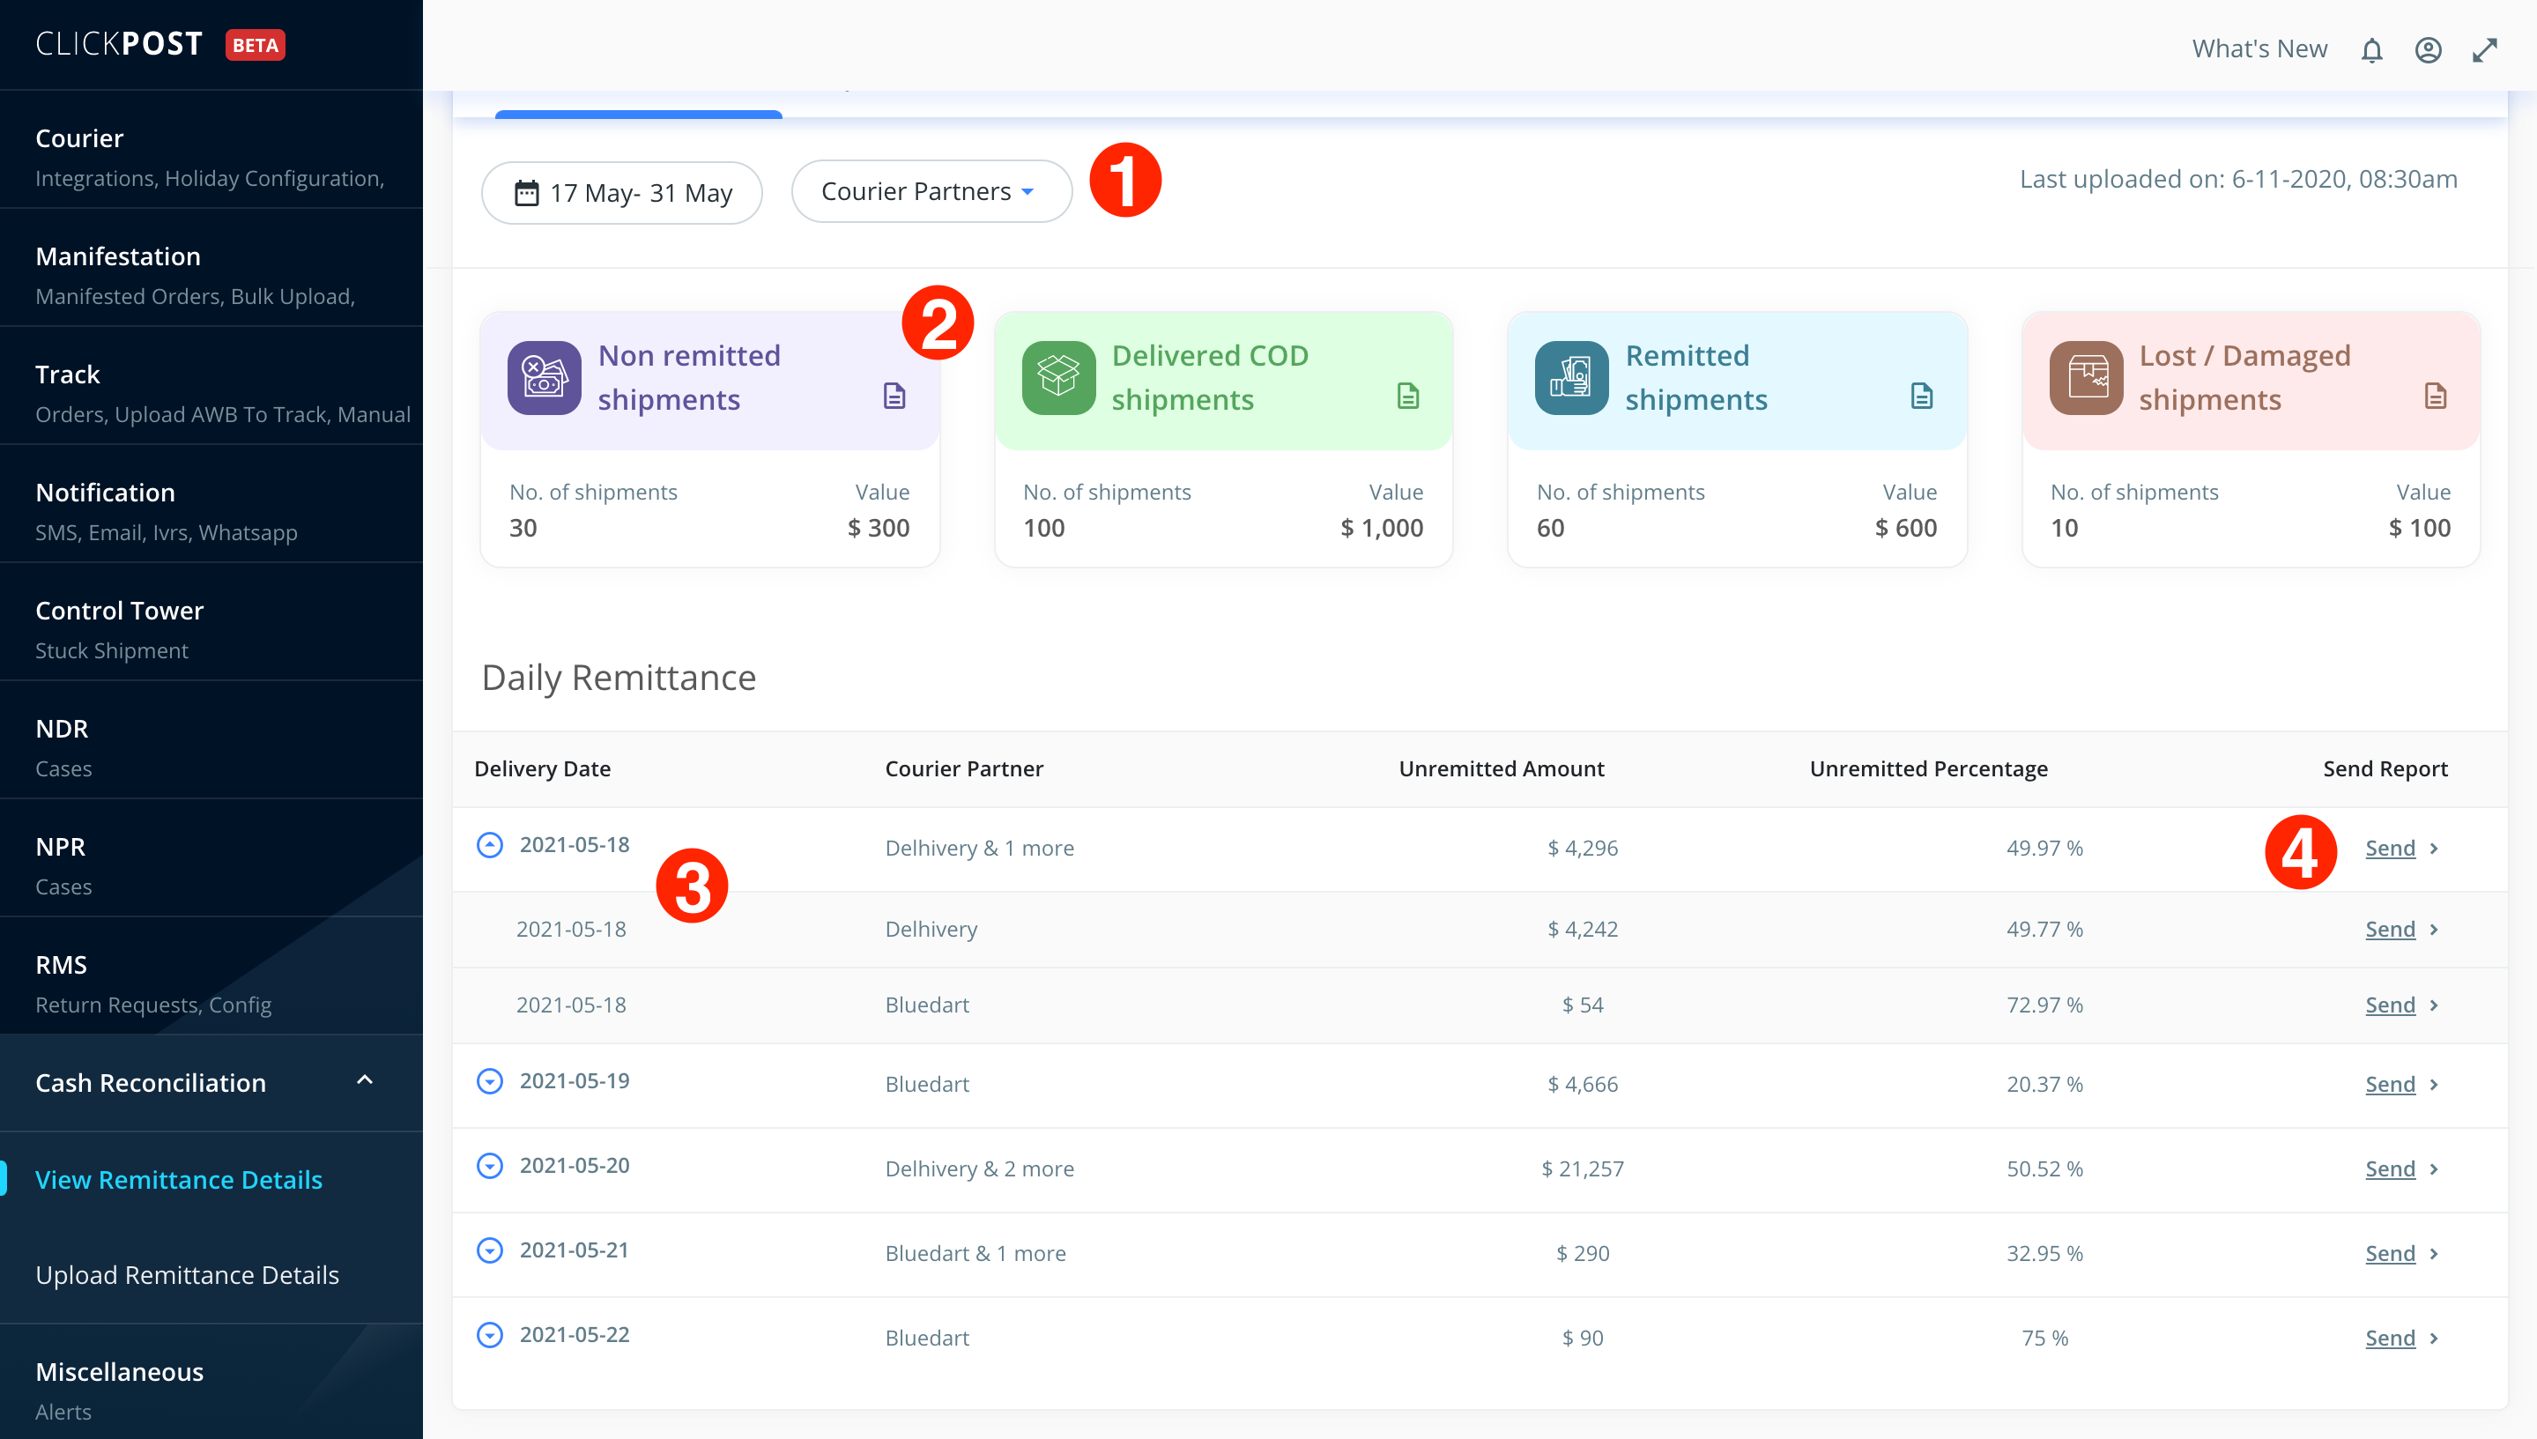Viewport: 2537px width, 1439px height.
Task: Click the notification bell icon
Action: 2372,50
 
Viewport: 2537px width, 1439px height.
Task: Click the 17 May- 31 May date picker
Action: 621,193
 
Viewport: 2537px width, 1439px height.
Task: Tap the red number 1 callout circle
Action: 1124,180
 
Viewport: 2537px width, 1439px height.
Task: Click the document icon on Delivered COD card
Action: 1408,397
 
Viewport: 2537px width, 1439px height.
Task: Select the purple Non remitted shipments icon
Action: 545,377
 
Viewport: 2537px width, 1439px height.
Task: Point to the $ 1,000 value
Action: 1382,528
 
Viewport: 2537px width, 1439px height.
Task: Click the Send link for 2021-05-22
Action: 2390,1339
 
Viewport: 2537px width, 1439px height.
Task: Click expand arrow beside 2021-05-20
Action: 490,1166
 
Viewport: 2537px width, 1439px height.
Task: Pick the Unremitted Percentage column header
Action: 1928,769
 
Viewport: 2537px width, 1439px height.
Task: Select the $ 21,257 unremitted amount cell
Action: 1583,1169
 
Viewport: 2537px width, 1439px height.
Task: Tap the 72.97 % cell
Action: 2044,1005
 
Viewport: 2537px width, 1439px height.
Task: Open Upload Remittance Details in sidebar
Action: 187,1275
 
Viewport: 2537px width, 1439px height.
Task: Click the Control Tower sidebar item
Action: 120,611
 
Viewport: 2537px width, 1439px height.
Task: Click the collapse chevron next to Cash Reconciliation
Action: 365,1080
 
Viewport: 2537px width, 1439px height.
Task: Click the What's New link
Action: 2259,49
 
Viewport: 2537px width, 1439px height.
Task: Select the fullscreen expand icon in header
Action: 2485,50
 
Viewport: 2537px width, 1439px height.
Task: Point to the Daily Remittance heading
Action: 619,678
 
